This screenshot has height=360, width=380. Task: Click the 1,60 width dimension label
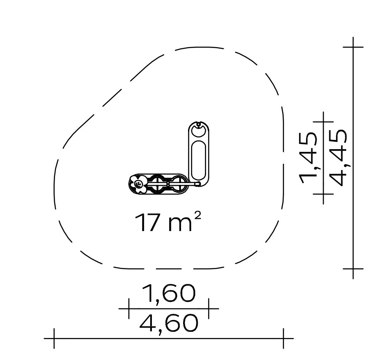(x=169, y=294)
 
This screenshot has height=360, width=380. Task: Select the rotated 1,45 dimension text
(x=308, y=158)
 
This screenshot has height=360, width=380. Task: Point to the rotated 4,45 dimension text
(x=339, y=158)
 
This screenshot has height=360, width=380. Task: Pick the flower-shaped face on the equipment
(x=138, y=184)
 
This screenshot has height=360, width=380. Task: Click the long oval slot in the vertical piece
(x=199, y=160)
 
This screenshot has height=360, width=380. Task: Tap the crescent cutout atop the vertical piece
(x=199, y=131)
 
